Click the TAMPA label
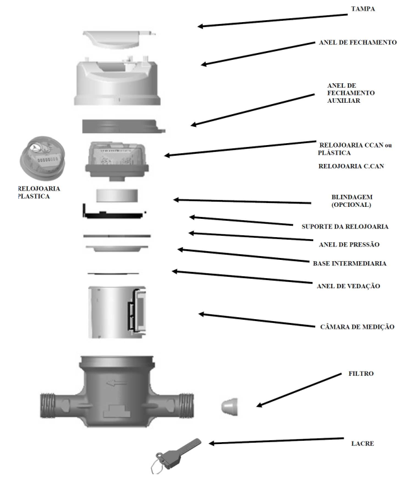click(362, 9)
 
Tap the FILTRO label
click(361, 373)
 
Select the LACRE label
click(362, 443)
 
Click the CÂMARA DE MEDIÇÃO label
click(357, 327)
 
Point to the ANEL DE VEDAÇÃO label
click(349, 286)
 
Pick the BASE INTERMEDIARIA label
click(350, 263)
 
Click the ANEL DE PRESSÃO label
click(349, 244)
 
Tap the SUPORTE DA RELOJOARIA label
click(345, 226)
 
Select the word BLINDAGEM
click(352, 197)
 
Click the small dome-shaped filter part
click(229, 407)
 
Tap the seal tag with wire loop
click(176, 455)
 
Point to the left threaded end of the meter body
click(48, 405)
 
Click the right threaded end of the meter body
click(186, 405)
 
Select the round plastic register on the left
click(42, 158)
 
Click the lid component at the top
click(118, 39)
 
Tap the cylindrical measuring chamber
click(117, 312)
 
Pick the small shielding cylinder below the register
click(117, 196)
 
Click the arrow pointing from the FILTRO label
click(299, 390)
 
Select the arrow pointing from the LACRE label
click(276, 441)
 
